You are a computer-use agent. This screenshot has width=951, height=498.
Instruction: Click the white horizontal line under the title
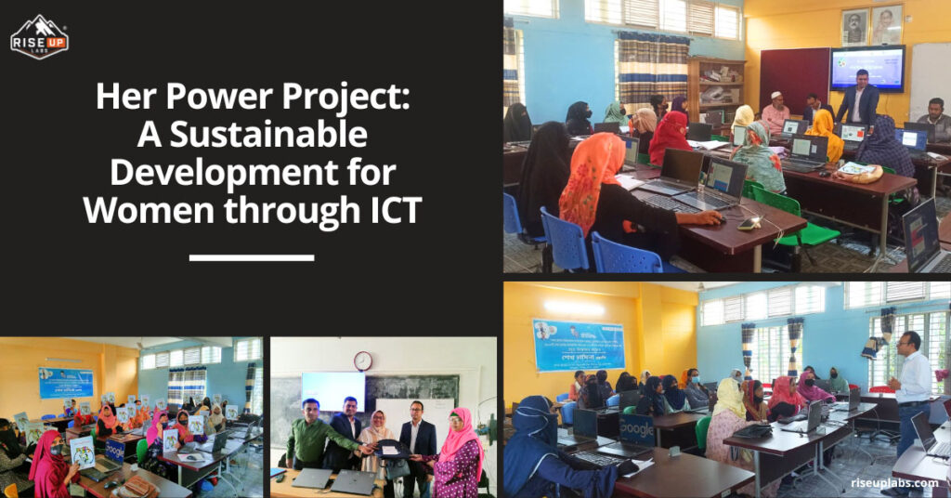pyautogui.click(x=251, y=256)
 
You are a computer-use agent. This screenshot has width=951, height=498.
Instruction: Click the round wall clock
pyautogui.click(x=362, y=360)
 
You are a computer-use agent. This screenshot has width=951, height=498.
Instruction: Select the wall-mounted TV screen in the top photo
pyautogui.click(x=866, y=68)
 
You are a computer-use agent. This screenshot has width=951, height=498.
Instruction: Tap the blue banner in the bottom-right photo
pyautogui.click(x=578, y=345)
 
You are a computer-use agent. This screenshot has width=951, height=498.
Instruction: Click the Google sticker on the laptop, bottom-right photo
pyautogui.click(x=638, y=428)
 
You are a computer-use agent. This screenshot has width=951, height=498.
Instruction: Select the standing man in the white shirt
pyautogui.click(x=911, y=390)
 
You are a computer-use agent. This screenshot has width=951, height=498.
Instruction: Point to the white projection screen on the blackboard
pyautogui.click(x=332, y=391)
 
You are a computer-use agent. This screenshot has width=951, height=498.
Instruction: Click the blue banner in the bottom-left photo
pyautogui.click(x=66, y=382)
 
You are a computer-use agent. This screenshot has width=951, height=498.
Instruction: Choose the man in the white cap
pyautogui.click(x=775, y=113)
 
